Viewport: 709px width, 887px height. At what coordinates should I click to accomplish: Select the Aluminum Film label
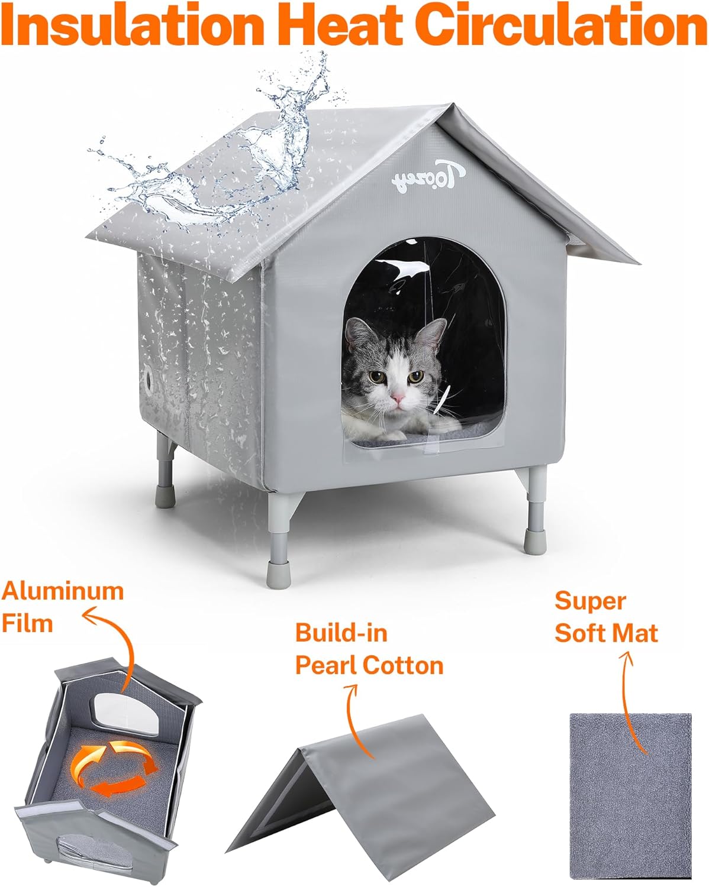coord(62,607)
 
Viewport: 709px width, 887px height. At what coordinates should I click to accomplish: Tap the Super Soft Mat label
coord(606,617)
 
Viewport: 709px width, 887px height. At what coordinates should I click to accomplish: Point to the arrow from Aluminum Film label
coord(115,645)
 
